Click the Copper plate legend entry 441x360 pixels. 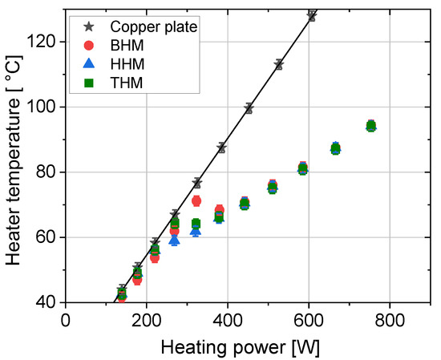[152, 26]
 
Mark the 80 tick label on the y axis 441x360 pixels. [46, 172]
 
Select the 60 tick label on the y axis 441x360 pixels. [46, 237]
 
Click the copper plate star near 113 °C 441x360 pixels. [279, 64]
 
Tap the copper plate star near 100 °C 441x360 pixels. [249, 108]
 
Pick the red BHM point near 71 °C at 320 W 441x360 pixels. [196, 200]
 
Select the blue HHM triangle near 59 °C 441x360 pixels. [175, 240]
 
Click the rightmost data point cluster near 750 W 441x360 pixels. [370, 126]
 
